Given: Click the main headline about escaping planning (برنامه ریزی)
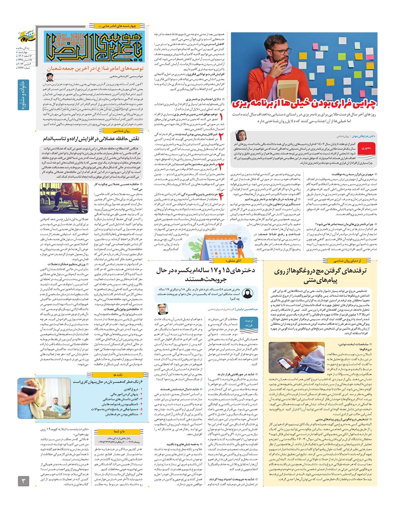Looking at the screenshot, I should pyautogui.click(x=304, y=104).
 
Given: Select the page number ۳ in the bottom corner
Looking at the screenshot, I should pyautogui.click(x=23, y=481).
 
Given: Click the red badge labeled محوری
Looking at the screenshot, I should pyautogui.click(x=366, y=148).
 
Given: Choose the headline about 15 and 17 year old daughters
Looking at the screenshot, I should pyautogui.click(x=206, y=275).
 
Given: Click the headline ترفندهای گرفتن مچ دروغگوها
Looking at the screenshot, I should pyautogui.click(x=320, y=275).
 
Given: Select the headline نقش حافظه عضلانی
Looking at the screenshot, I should pyautogui.click(x=91, y=139).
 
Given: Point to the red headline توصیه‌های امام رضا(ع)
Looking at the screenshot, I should pyautogui.click(x=95, y=69).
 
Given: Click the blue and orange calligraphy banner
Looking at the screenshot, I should pyautogui.click(x=94, y=47).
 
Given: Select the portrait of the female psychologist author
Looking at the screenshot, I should pyautogui.click(x=241, y=136).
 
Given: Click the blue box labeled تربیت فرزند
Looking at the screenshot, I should pyautogui.click(x=249, y=323).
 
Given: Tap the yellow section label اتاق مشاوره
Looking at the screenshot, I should pyautogui.click(x=233, y=261).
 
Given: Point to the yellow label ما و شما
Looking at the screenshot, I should pyautogui.click(x=119, y=431).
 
